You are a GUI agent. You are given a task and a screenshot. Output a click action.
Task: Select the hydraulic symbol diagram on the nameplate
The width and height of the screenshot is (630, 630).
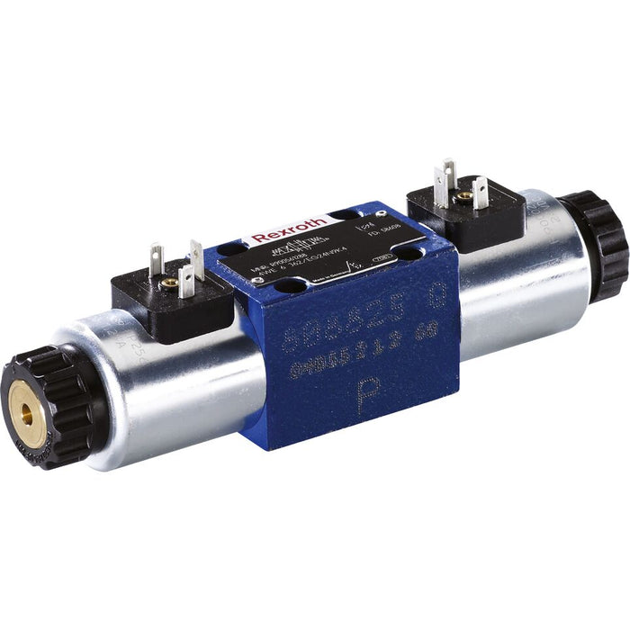click(328, 242)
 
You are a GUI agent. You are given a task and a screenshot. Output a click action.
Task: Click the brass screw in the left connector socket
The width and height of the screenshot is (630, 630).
click(168, 283)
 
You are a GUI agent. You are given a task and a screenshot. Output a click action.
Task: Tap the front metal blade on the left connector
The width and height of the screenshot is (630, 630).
click(186, 280)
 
